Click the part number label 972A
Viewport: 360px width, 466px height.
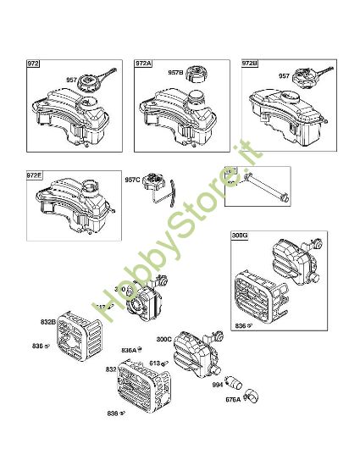pyautogui.click(x=144, y=64)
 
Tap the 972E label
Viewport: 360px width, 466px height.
pyautogui.click(x=35, y=175)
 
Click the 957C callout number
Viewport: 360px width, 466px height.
pyautogui.click(x=132, y=180)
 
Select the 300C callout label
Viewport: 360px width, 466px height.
pyautogui.click(x=164, y=340)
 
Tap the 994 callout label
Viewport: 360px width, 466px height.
pyautogui.click(x=219, y=386)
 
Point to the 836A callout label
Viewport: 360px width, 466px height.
pyautogui.click(x=129, y=349)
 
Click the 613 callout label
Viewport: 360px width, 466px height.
pyautogui.click(x=155, y=363)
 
